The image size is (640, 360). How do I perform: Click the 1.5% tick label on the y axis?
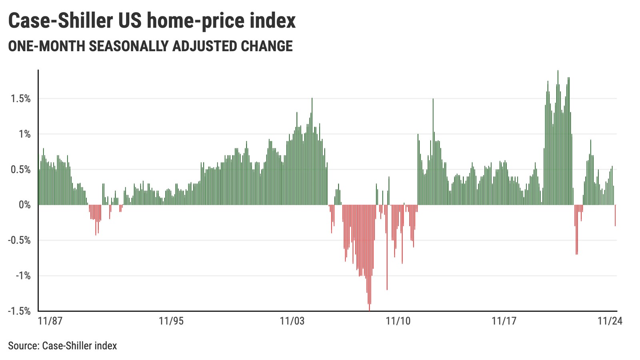click(x=20, y=99)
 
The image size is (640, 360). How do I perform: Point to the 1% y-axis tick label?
click(x=24, y=134)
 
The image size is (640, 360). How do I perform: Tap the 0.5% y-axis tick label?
click(x=20, y=170)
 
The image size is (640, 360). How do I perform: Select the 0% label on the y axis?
click(x=24, y=205)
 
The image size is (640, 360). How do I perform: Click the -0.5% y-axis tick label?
click(x=19, y=240)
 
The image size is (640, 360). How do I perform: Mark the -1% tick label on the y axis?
click(x=23, y=276)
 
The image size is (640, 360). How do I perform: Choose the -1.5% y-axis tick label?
click(x=19, y=311)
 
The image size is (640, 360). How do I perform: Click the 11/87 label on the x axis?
click(x=50, y=321)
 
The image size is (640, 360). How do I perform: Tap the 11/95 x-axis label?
click(x=171, y=321)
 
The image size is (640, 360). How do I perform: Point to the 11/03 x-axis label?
click(x=292, y=321)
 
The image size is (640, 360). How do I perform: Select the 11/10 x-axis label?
click(x=398, y=321)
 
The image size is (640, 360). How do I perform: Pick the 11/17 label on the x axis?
click(x=504, y=321)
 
